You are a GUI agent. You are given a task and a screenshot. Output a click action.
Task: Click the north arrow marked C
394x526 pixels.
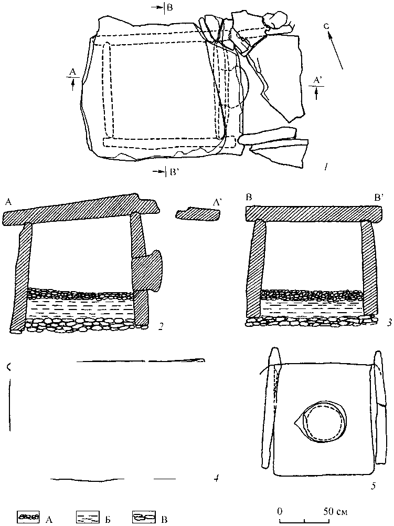tap(335, 49)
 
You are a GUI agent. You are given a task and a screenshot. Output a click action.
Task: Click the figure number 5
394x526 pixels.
tap(374, 485)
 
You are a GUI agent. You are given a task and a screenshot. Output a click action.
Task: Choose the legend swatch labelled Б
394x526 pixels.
tap(88, 516)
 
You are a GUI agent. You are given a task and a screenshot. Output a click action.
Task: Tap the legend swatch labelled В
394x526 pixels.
tap(144, 516)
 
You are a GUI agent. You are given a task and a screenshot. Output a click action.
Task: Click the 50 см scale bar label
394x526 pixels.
tap(336, 512)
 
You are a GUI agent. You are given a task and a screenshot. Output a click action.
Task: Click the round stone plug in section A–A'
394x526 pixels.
tap(146, 271)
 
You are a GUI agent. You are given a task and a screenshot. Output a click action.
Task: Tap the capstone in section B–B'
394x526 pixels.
tap(314, 214)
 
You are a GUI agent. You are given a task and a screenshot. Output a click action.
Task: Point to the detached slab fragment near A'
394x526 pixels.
tap(197, 214)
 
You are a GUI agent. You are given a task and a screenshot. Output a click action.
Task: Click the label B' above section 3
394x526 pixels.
tap(379, 198)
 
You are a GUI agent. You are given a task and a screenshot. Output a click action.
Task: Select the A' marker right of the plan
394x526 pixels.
tap(316, 80)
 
